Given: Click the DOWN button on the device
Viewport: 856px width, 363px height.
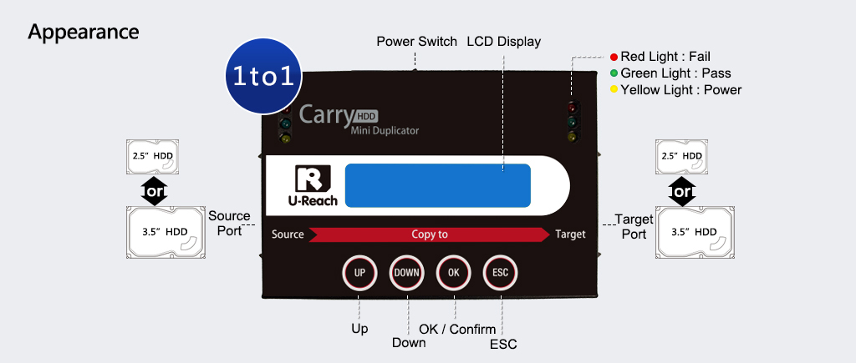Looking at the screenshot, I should coord(407,273).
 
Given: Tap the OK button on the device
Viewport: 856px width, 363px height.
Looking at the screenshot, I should coord(454,273).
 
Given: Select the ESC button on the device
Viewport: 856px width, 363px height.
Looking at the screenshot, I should coord(501,273).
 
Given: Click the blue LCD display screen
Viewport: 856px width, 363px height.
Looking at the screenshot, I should coord(438,186).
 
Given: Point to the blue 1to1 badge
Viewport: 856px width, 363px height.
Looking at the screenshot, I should coord(262,76).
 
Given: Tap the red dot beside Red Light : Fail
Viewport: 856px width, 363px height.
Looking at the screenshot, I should coord(614,57).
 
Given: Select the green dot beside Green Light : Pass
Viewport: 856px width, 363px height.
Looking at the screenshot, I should coord(614,73).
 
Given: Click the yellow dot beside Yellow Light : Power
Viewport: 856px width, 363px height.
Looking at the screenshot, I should coord(614,89).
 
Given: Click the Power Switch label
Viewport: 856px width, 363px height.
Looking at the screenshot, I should coord(416,41).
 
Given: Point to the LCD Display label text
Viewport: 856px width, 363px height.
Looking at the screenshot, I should coord(503,41).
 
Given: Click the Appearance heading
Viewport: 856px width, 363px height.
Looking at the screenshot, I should coord(84,32).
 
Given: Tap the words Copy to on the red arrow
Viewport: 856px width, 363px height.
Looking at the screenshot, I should coord(430,234).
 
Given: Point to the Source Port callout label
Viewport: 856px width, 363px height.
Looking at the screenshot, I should coord(229,223).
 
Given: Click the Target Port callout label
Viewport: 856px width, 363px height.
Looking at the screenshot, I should coord(634,226).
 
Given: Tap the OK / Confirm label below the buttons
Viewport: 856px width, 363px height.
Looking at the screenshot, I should coord(457,330).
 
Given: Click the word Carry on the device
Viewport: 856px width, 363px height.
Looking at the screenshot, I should coord(327,113).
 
